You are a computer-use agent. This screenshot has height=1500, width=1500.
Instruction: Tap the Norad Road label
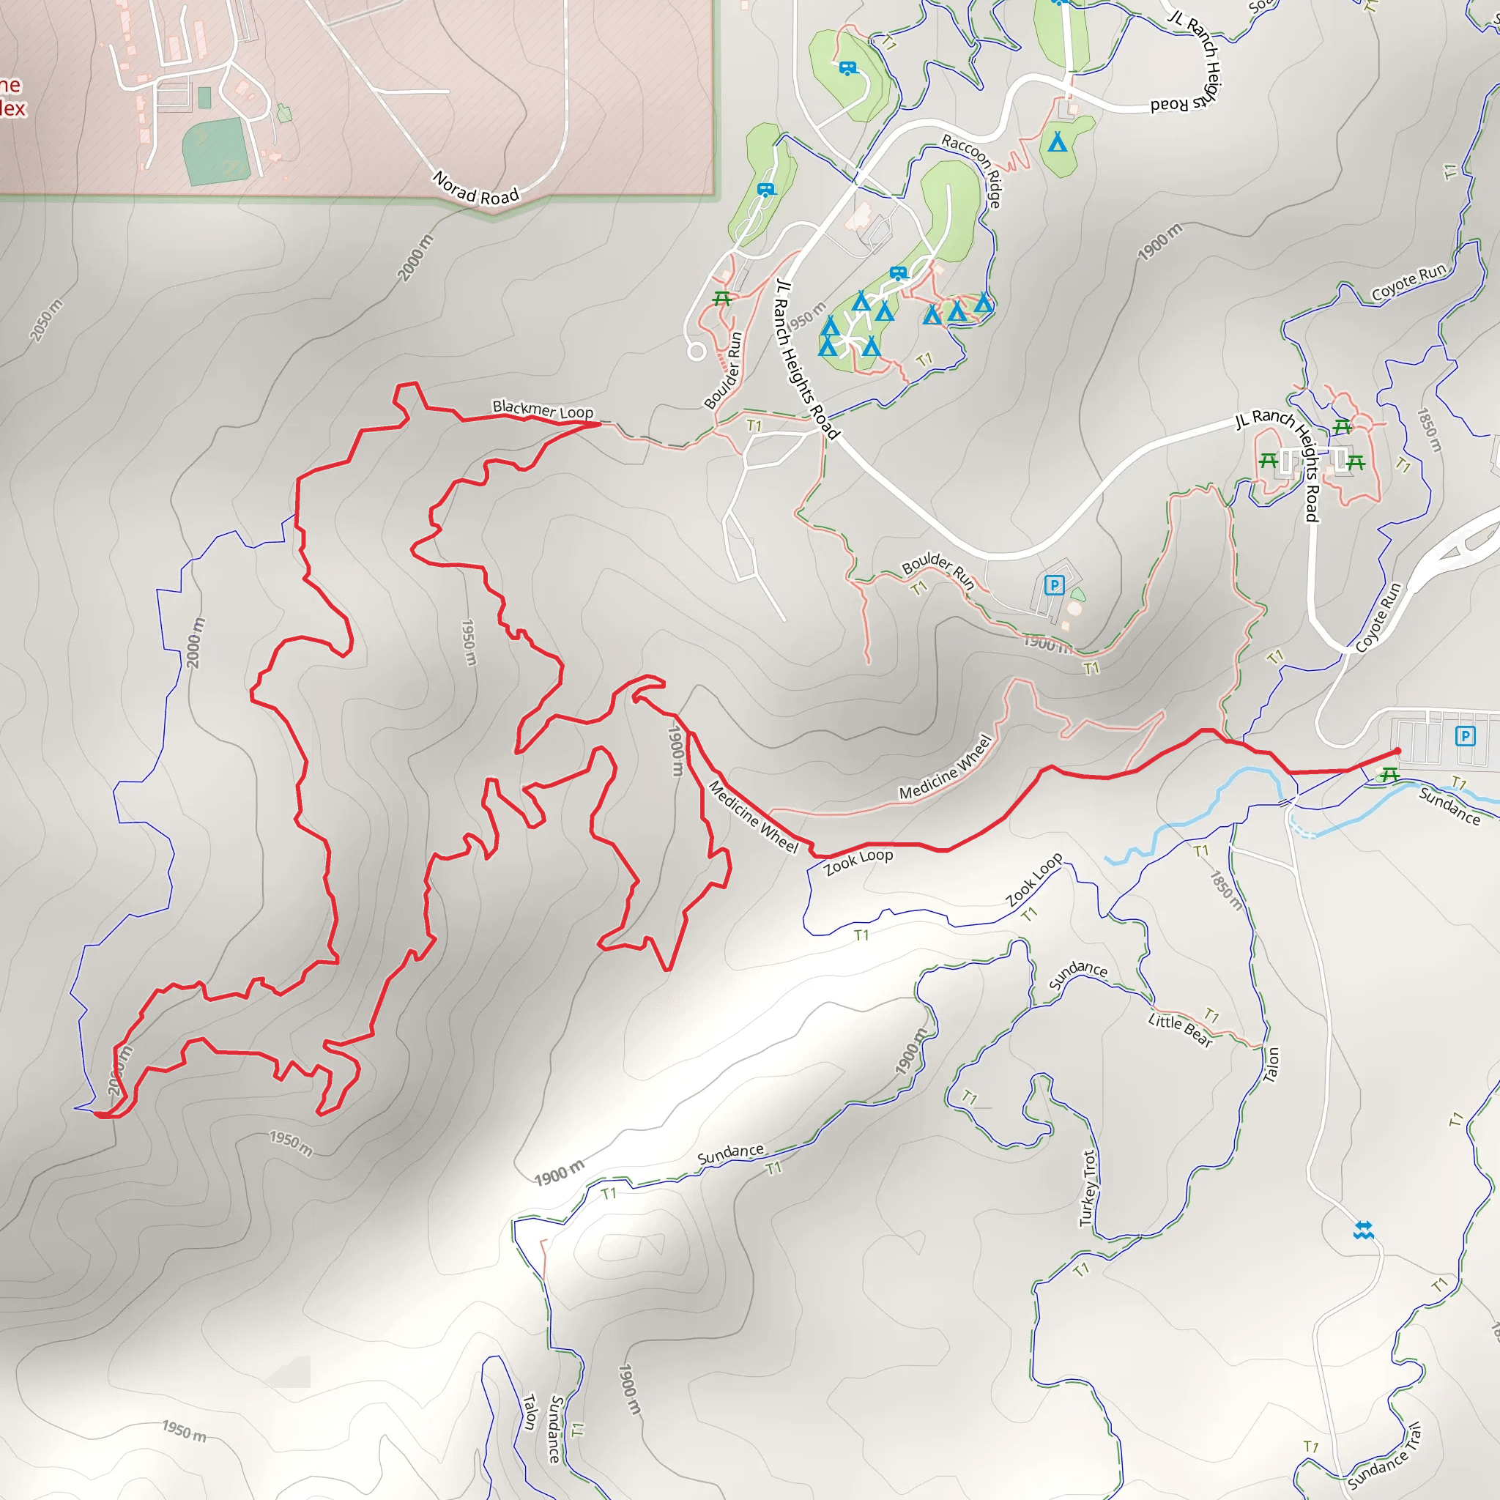(476, 189)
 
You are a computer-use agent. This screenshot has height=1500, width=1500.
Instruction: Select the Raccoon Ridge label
(972, 170)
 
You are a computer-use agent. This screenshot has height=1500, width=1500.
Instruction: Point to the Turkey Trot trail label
(1088, 1189)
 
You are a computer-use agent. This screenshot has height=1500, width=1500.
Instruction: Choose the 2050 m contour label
(46, 320)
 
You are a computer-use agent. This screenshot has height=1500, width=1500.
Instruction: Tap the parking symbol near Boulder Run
(1053, 584)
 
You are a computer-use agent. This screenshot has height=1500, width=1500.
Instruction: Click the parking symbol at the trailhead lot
(1464, 735)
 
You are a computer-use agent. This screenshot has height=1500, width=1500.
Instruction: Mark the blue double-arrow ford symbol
(1364, 1230)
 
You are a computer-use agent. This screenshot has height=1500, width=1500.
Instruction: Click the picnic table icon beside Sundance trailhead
(1389, 774)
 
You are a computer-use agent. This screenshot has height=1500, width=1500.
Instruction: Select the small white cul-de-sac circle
(697, 352)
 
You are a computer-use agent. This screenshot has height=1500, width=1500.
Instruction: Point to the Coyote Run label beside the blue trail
(1409, 281)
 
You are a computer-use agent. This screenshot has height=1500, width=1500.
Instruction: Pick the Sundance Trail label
(1384, 1456)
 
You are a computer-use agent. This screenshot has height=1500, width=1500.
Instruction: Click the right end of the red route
(1397, 751)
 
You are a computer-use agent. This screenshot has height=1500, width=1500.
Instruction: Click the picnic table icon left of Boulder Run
(722, 298)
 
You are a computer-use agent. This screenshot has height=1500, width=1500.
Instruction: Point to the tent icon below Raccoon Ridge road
(1058, 142)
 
